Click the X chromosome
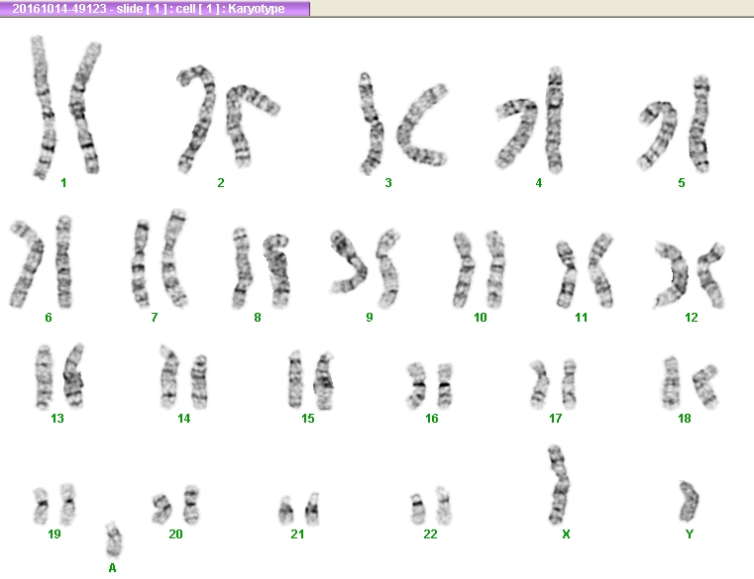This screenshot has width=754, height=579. coord(558,485)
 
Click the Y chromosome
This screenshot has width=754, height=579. coord(689,502)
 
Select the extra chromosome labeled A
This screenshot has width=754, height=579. coord(114,539)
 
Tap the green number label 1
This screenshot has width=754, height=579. coord(63,182)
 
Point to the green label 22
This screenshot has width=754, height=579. coord(430,533)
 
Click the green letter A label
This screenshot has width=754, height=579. coord(112,568)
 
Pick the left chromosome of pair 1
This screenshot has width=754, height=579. coord(44,108)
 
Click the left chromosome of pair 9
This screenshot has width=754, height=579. coord(348,262)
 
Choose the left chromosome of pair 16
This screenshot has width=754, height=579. coord(416,385)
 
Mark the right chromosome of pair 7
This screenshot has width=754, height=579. coord(174,258)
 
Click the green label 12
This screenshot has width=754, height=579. coord(691,317)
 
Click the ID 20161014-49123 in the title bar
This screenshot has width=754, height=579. coord(59,9)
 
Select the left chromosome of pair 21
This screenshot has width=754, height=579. coord(286,511)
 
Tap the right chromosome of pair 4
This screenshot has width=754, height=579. coord(555,120)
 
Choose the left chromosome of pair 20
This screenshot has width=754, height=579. coord(162,509)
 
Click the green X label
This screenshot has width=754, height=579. coord(566,533)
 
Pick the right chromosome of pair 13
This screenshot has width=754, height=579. coord(73,376)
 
